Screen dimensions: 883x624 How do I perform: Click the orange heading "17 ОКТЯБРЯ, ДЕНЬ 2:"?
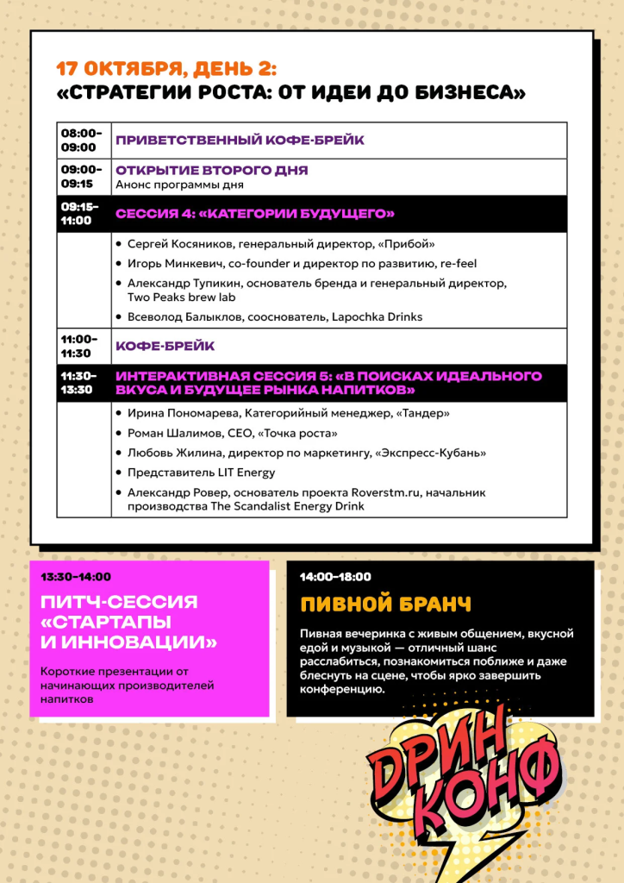pos(166,70)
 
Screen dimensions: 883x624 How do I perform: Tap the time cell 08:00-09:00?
pos(81,140)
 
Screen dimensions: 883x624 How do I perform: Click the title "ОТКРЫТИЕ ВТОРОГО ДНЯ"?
pos(212,170)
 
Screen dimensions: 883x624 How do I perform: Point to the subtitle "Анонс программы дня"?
pos(179,185)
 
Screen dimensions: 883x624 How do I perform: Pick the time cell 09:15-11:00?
pos(81,213)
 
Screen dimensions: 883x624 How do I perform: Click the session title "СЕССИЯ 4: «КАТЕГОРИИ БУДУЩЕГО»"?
pos(255,213)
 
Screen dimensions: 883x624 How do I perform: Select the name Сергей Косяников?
pos(177,244)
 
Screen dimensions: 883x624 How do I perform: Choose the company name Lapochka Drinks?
pos(377,316)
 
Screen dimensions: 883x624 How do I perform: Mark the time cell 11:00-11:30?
pos(81,346)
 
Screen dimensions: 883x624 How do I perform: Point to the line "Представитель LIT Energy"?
pos(201,472)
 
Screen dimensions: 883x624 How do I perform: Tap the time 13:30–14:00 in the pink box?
pos(76,577)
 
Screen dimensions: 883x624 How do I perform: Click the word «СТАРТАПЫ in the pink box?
pos(105,623)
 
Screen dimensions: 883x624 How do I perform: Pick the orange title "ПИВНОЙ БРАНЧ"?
pos(385,603)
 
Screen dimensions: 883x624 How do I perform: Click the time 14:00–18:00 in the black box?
pos(335,577)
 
